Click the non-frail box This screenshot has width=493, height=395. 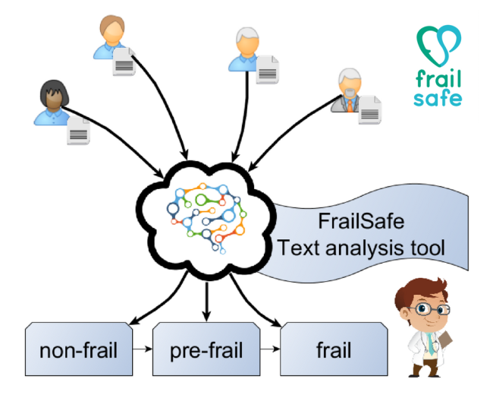pyautogui.click(x=77, y=350)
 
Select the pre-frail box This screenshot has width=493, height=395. pyautogui.click(x=206, y=350)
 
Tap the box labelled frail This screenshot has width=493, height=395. pyautogui.click(x=333, y=350)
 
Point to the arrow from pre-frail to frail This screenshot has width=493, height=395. pyautogui.click(x=268, y=351)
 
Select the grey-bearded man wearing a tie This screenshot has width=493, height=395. pyautogui.click(x=347, y=90)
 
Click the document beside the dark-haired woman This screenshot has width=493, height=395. pyautogui.click(x=80, y=132)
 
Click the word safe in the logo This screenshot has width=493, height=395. pyautogui.click(x=438, y=98)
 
